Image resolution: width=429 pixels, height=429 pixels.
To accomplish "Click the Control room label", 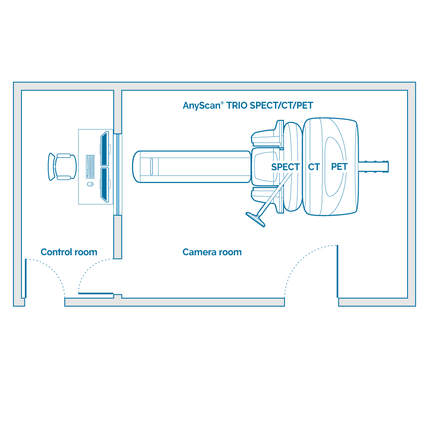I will click(x=69, y=252).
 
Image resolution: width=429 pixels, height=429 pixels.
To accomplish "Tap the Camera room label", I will click(x=212, y=252).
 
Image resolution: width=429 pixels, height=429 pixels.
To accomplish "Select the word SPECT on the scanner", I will click(x=285, y=167).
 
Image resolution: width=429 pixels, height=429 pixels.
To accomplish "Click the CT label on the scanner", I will click(x=314, y=167).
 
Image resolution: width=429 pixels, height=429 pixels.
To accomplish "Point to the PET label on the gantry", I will click(x=339, y=166).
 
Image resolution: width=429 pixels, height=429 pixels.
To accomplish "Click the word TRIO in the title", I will click(x=238, y=105).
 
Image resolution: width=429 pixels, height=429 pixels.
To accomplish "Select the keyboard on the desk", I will click(x=90, y=166).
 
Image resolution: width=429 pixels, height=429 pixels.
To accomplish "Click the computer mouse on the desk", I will click(x=90, y=184).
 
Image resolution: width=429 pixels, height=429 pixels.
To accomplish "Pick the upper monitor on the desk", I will click(x=104, y=149).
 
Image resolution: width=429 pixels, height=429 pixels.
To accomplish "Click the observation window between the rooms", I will click(x=118, y=173).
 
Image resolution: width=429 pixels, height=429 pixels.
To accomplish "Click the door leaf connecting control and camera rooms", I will click(x=96, y=294).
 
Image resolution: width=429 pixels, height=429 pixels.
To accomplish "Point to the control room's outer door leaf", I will click(x=25, y=279).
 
